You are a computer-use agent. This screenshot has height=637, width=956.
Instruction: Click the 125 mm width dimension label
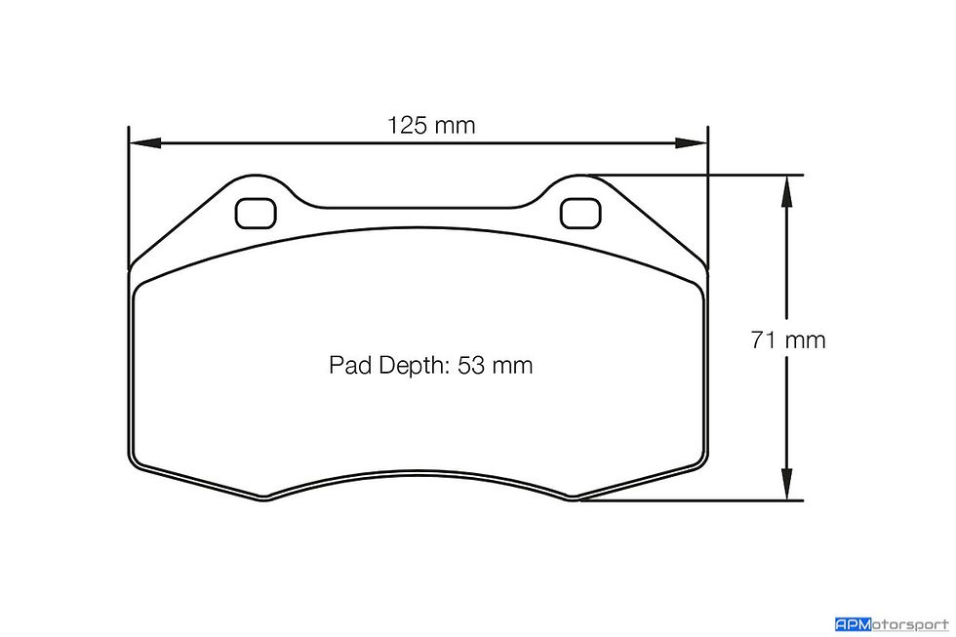[x=431, y=126]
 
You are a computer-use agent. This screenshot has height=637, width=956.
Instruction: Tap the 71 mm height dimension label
[x=788, y=339]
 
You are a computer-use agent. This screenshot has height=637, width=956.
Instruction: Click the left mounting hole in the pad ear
[x=256, y=214]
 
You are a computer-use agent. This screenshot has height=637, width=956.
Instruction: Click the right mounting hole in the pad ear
[x=580, y=214]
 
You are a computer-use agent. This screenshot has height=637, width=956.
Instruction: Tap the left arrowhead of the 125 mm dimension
[x=145, y=143]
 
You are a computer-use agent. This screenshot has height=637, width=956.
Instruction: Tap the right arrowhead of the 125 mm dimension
[x=691, y=143]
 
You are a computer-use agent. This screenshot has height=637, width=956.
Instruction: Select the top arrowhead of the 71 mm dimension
[x=786, y=190]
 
